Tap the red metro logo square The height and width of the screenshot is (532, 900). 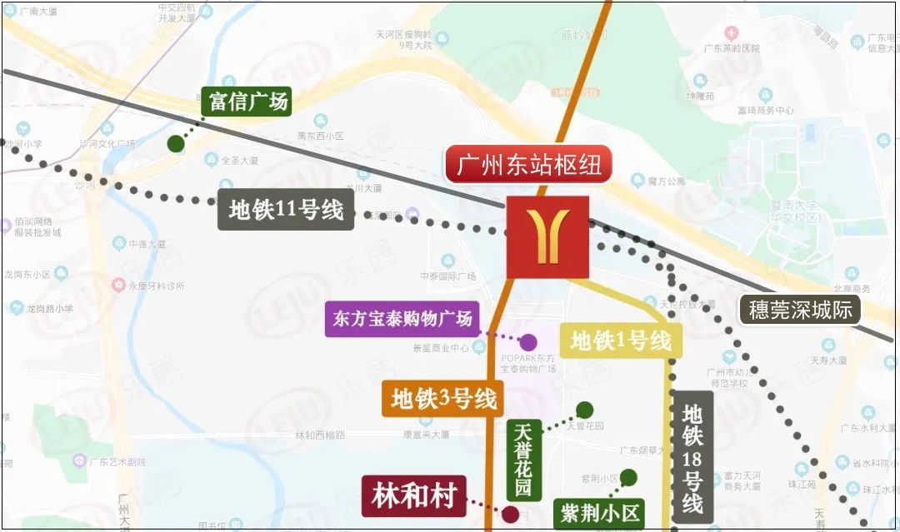(x=547, y=237)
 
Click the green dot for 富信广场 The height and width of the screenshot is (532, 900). (x=176, y=144)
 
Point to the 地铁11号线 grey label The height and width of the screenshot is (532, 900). (x=286, y=210)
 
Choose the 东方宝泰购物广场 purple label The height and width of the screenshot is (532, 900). (x=402, y=318)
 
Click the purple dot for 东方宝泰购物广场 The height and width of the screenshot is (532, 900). (x=528, y=341)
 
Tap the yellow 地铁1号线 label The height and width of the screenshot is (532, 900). (x=621, y=341)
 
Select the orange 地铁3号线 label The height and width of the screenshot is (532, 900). (x=444, y=399)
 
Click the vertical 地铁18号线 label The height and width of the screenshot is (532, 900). (x=692, y=457)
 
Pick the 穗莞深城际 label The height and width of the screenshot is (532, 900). (x=800, y=311)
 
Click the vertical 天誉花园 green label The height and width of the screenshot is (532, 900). (x=523, y=460)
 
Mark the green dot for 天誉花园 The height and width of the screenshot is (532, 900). (x=585, y=410)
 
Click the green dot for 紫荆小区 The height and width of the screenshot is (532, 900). (x=628, y=477)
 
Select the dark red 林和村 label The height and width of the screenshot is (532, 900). (x=414, y=497)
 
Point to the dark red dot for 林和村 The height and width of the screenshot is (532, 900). (x=510, y=515)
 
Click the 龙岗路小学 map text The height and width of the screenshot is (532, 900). (x=47, y=308)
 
